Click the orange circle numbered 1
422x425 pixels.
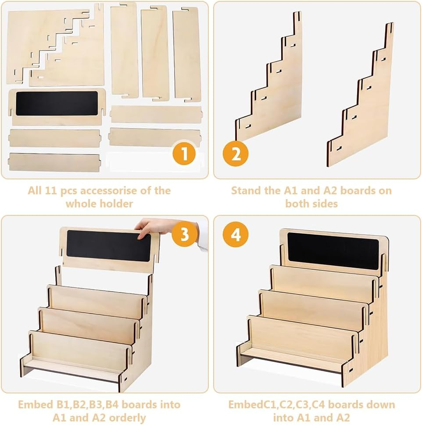[184, 153]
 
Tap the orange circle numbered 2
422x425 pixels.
[236, 154]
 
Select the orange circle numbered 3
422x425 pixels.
[184, 234]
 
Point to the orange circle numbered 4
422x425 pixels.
[236, 235]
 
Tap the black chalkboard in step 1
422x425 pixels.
[57, 103]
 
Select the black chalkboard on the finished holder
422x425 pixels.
[333, 251]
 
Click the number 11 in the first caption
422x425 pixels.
[50, 190]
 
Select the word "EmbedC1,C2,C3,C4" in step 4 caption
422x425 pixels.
[276, 405]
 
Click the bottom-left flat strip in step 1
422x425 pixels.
[54, 162]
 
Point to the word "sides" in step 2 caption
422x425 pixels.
[325, 204]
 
